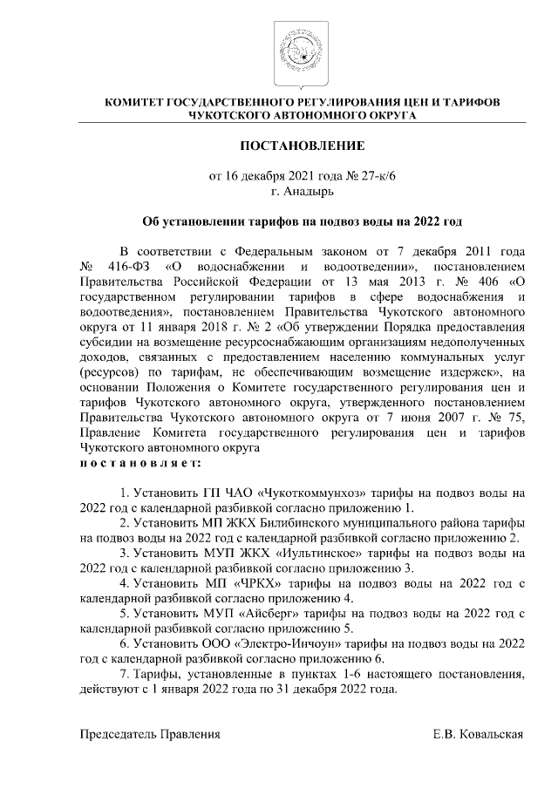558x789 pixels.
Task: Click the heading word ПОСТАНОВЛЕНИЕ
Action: [290, 144]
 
